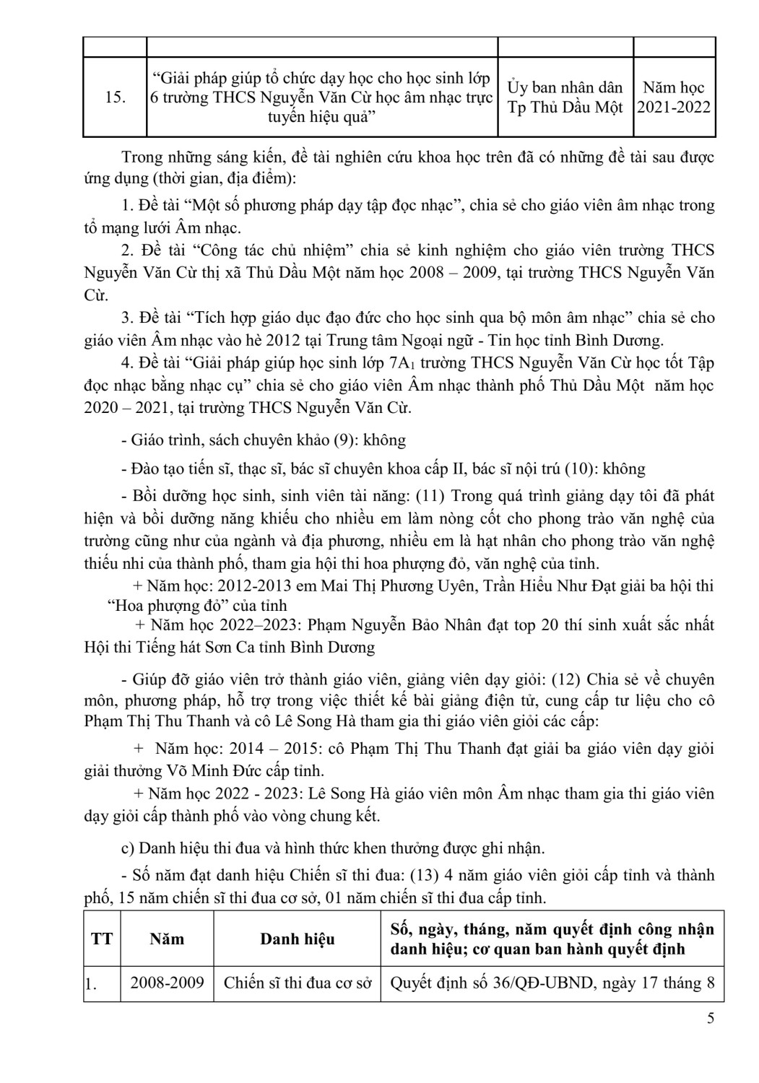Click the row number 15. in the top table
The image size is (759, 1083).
115,97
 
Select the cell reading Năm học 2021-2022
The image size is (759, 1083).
673,97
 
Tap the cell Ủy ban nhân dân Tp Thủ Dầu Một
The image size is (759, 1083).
565,97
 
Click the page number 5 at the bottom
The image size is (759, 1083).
711,1019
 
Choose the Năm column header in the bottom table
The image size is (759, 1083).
167,939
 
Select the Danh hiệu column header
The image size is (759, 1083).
297,939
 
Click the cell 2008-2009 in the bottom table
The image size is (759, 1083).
167,983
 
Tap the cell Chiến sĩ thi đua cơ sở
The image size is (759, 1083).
297,983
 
